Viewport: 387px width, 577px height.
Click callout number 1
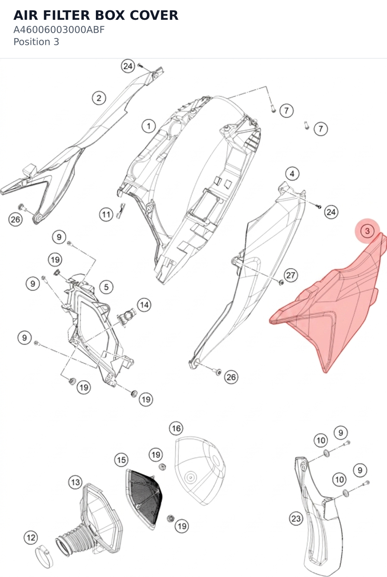point(149,126)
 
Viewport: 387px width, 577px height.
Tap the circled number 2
point(99,98)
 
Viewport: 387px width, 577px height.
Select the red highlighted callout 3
point(367,231)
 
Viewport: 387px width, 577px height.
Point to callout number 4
point(292,174)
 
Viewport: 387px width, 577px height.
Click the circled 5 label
point(106,287)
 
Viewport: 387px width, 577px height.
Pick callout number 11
point(106,214)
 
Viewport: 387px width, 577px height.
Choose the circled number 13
point(76,482)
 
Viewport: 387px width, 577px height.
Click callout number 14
point(144,305)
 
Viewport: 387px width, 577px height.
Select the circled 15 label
point(121,460)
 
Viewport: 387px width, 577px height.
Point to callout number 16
point(176,428)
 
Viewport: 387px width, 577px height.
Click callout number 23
point(296,518)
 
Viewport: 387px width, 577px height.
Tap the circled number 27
point(291,275)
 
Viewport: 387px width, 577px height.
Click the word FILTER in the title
point(66,15)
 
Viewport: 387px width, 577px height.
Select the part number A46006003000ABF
point(59,30)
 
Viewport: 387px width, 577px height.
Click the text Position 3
point(36,42)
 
